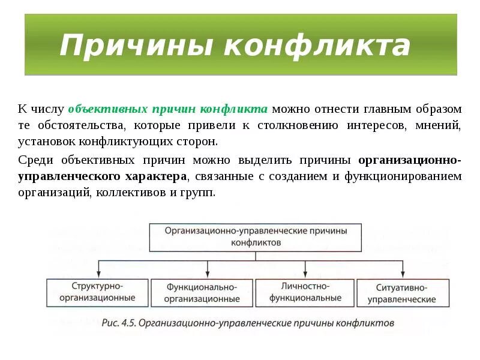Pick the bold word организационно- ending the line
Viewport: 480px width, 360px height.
(x=410, y=160)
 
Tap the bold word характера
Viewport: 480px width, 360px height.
(x=156, y=176)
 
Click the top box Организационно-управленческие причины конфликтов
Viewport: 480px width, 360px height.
(x=255, y=236)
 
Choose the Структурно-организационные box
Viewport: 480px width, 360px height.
(x=97, y=292)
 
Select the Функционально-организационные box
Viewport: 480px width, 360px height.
(x=202, y=293)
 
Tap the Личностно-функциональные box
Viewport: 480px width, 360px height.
(x=305, y=292)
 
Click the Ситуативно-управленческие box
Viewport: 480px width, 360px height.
(x=402, y=293)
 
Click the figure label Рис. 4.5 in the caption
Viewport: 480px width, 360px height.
(x=120, y=323)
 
